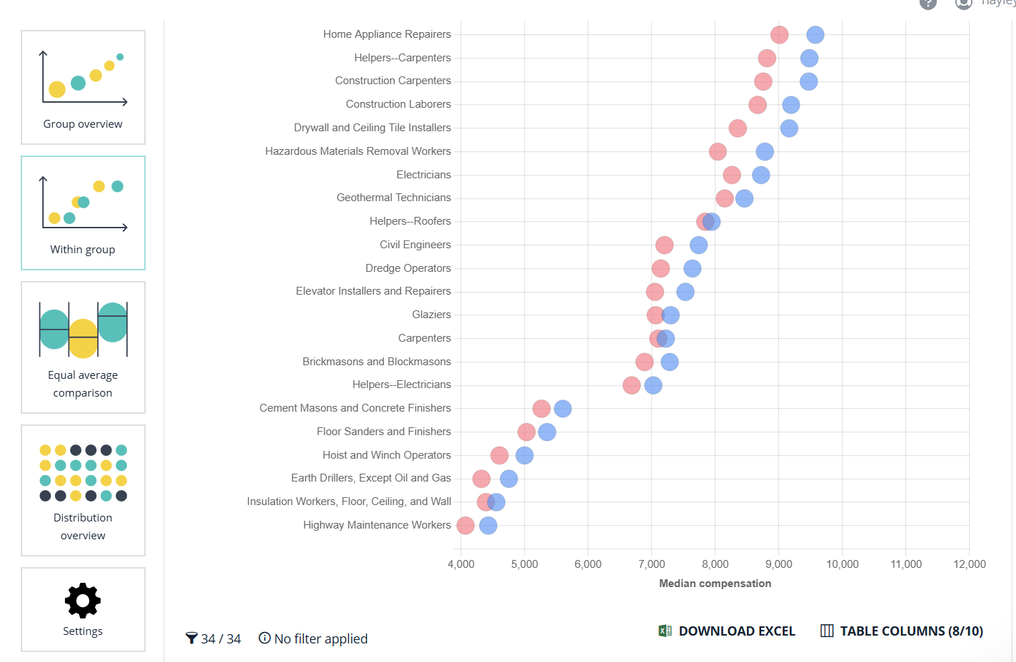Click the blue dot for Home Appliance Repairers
click(815, 34)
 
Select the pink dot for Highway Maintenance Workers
click(466, 526)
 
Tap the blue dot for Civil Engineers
click(698, 245)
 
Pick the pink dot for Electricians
click(732, 175)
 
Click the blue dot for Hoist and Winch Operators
click(524, 455)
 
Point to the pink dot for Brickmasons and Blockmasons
click(644, 362)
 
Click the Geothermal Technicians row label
click(393, 198)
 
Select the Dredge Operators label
click(408, 268)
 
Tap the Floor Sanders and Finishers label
click(383, 432)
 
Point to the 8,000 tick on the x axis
click(715, 564)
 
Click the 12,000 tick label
click(969, 564)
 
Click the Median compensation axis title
click(715, 584)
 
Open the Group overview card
click(83, 87)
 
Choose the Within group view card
click(83, 213)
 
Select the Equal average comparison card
click(83, 347)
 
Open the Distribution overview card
click(83, 490)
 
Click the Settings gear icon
click(83, 601)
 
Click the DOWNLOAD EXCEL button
click(727, 631)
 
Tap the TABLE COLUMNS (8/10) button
click(902, 631)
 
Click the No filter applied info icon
click(265, 638)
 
